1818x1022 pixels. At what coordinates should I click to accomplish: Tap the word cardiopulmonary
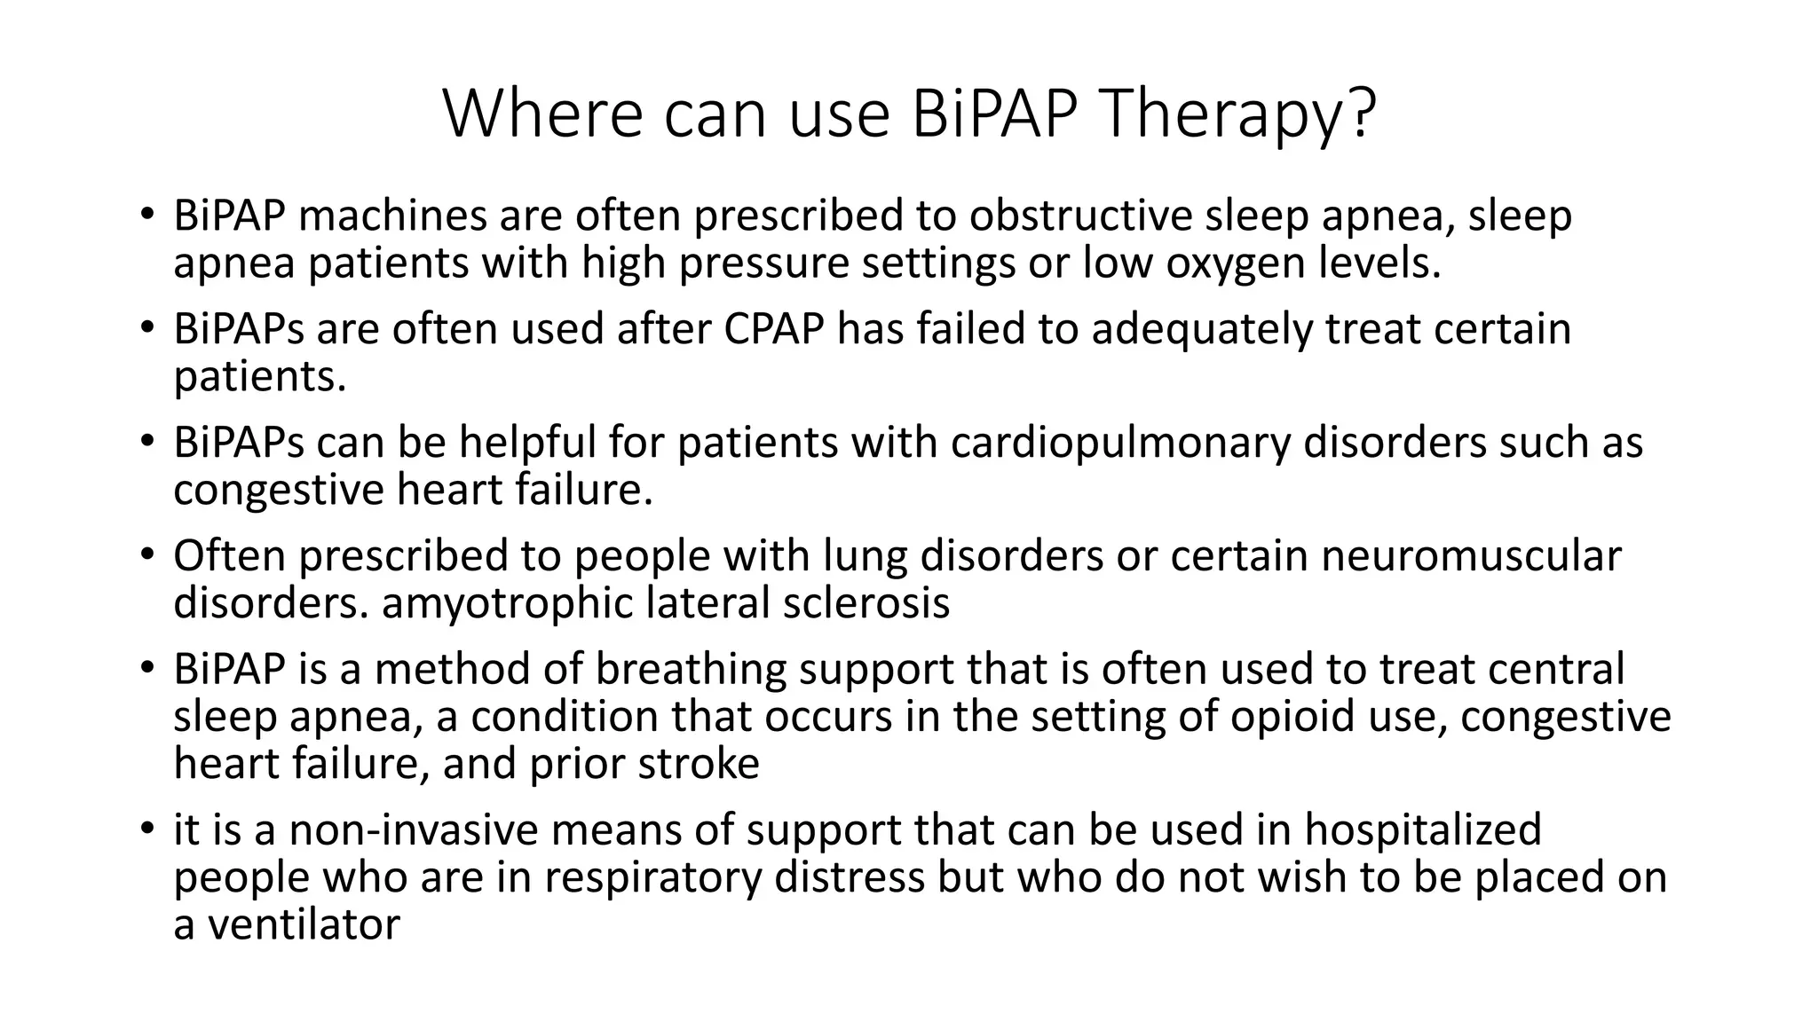tap(1119, 443)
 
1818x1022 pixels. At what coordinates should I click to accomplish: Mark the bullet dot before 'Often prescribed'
tap(146, 555)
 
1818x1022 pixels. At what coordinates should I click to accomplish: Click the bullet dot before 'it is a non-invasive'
tap(146, 829)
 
